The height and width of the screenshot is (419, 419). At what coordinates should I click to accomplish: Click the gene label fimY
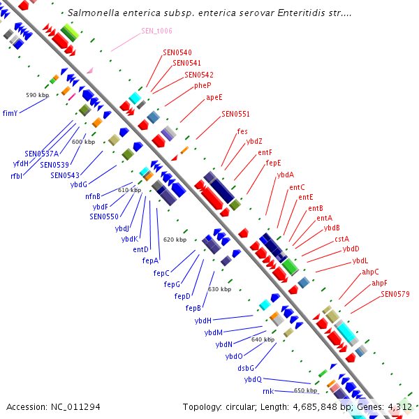(x=10, y=112)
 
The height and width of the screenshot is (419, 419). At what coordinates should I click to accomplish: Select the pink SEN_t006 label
(x=156, y=31)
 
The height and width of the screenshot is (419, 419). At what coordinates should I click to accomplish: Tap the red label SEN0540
(x=177, y=52)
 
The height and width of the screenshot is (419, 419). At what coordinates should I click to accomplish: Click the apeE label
(x=214, y=98)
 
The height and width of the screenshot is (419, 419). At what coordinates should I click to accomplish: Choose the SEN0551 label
(x=235, y=114)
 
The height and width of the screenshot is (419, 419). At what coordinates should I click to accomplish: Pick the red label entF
(x=265, y=152)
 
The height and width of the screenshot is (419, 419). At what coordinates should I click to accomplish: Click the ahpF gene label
(x=379, y=283)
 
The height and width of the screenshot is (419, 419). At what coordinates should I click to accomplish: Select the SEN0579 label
(x=395, y=294)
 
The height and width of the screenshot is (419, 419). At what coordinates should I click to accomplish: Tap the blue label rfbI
(x=17, y=176)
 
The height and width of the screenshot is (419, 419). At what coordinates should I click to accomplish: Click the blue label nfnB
(x=93, y=196)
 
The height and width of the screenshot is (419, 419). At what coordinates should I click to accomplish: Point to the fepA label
(x=151, y=260)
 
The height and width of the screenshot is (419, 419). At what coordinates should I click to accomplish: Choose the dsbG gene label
(x=246, y=367)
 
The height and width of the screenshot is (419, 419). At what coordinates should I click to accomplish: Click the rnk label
(x=267, y=392)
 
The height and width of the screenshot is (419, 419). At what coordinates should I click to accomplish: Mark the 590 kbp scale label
(x=37, y=95)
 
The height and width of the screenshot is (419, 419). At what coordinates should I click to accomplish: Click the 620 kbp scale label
(x=175, y=240)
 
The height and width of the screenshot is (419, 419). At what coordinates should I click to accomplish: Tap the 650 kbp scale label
(x=305, y=390)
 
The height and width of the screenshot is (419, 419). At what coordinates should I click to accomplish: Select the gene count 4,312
(x=401, y=406)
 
